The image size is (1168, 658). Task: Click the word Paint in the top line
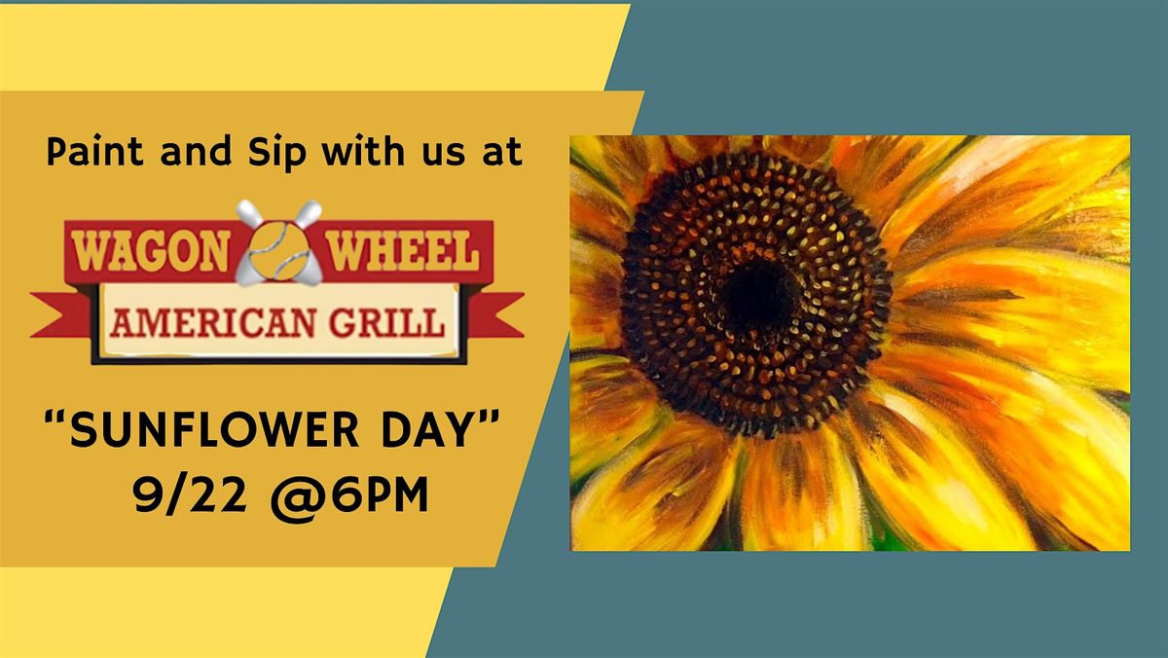coord(94,151)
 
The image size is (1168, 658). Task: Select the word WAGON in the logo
coord(151,251)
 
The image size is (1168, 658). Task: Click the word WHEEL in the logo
coord(404,251)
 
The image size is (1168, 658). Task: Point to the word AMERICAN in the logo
coord(213,323)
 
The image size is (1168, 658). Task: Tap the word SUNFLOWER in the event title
coord(215,429)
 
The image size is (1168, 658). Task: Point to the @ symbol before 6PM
coord(295,495)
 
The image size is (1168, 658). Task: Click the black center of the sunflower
coord(760,296)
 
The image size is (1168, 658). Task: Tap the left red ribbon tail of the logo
coord(61,315)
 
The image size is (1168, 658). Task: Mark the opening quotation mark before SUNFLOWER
coord(55,418)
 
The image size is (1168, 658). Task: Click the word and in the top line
coord(196,151)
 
